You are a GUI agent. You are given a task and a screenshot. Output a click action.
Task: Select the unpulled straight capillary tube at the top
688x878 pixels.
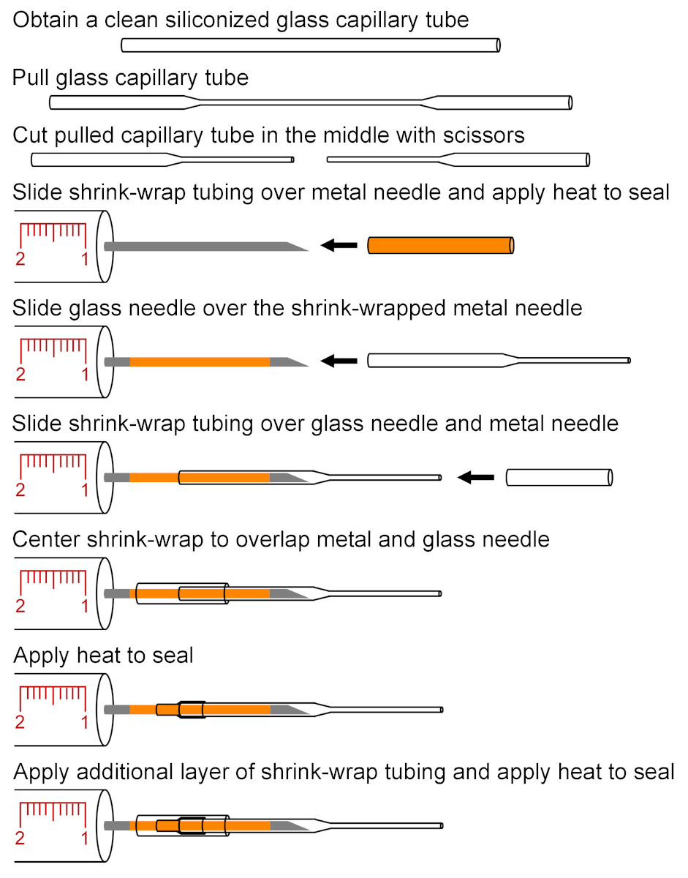(x=310, y=45)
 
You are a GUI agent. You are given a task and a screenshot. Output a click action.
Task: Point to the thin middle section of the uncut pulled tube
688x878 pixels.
(x=314, y=102)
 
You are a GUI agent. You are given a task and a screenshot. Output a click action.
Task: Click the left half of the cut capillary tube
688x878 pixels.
(x=161, y=159)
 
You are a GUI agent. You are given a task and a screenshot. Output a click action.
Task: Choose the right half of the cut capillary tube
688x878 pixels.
(x=457, y=159)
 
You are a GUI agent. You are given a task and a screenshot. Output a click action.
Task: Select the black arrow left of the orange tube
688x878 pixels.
(x=339, y=245)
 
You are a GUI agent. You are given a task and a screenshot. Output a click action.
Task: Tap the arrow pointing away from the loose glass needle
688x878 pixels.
(x=339, y=360)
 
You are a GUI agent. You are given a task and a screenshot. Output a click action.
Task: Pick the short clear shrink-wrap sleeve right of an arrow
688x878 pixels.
(x=559, y=478)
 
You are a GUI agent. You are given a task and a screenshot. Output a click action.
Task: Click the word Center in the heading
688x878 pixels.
(x=48, y=540)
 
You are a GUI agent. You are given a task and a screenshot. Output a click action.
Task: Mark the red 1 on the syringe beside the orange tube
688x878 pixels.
(x=85, y=259)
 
